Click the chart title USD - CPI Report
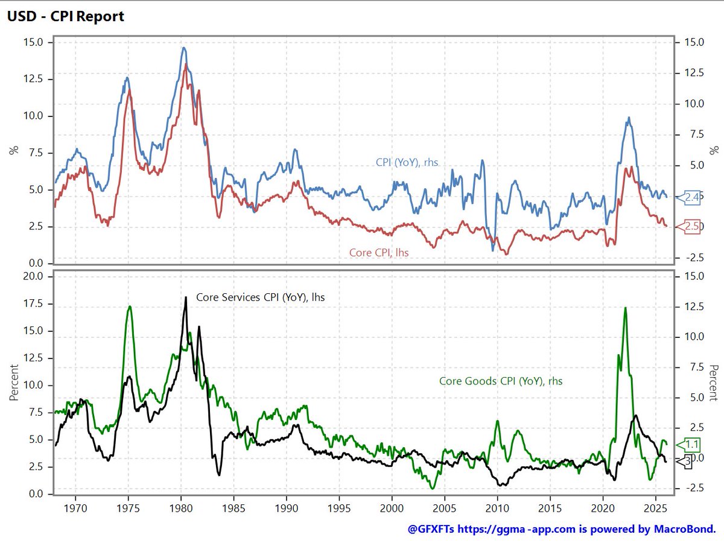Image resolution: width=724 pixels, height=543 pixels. [x=65, y=16]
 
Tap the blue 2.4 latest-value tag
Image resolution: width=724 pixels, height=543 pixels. [x=691, y=197]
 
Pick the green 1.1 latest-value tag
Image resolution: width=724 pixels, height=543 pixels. [x=691, y=445]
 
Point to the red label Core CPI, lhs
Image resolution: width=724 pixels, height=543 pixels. [x=379, y=253]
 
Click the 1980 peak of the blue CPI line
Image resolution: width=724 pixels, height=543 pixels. [x=184, y=48]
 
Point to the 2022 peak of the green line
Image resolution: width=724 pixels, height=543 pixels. [x=625, y=308]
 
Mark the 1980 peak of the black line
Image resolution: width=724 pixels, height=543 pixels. [x=185, y=297]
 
